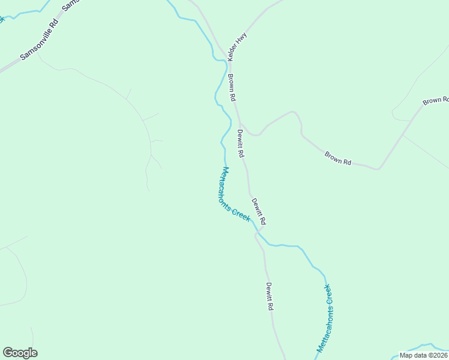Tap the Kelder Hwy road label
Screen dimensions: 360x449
237,46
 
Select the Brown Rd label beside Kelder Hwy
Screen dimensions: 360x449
232,88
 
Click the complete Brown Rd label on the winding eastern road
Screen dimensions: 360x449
338,158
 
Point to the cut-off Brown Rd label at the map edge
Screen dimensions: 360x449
435,100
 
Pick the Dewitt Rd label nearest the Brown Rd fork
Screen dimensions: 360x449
241,143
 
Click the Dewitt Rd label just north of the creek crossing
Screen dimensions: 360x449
259,211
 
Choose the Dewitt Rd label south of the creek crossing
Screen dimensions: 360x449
270,296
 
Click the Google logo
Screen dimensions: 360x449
20,353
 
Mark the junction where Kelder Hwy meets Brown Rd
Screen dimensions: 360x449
228,58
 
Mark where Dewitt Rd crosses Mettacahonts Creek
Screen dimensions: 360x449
261,230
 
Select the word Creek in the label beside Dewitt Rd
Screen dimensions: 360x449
241,214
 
